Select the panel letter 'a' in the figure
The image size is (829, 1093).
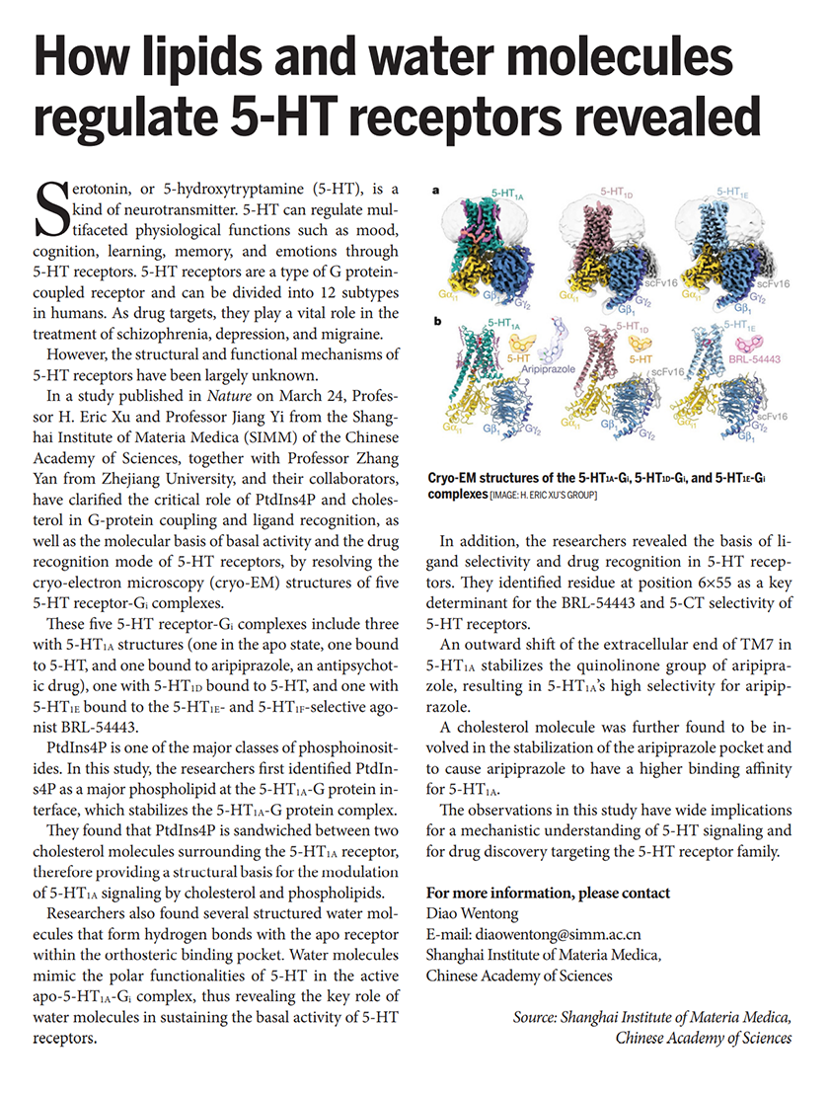click(435, 193)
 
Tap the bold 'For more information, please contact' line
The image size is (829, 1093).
click(548, 893)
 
